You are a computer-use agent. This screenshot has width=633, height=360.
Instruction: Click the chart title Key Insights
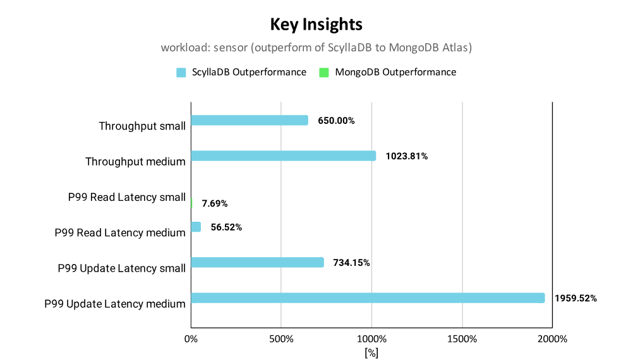click(x=316, y=24)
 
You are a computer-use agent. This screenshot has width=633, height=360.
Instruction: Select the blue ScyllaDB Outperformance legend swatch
click(x=181, y=73)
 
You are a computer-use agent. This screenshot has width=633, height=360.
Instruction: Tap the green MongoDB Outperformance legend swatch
click(x=324, y=73)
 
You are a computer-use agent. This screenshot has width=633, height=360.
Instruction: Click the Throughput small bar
click(x=250, y=120)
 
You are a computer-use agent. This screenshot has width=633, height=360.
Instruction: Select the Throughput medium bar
click(x=284, y=156)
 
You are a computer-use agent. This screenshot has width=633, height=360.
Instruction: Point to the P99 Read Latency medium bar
click(x=196, y=227)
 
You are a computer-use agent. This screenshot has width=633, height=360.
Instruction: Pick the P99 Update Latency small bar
click(x=258, y=262)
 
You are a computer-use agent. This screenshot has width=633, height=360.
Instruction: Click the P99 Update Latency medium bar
click(x=368, y=298)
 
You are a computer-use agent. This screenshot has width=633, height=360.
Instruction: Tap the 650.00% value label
click(x=336, y=121)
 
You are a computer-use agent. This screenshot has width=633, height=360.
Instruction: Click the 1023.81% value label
click(x=407, y=156)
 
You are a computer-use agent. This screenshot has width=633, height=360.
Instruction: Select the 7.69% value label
click(x=215, y=203)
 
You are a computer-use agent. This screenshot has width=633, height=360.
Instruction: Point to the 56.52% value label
click(x=226, y=227)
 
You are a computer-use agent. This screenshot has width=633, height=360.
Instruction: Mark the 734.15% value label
click(x=351, y=263)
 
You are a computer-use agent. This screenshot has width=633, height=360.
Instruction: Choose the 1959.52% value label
click(x=576, y=298)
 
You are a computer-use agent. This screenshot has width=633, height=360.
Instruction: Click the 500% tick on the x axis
click(x=281, y=339)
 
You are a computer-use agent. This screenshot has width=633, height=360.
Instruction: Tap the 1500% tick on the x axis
click(x=462, y=339)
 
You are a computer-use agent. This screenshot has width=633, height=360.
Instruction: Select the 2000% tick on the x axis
click(x=552, y=339)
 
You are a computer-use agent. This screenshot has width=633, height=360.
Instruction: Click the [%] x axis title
click(x=371, y=352)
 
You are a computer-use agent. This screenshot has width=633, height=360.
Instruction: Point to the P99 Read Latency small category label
click(x=127, y=197)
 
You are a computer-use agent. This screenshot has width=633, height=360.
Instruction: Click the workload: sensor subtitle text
click(x=316, y=47)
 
